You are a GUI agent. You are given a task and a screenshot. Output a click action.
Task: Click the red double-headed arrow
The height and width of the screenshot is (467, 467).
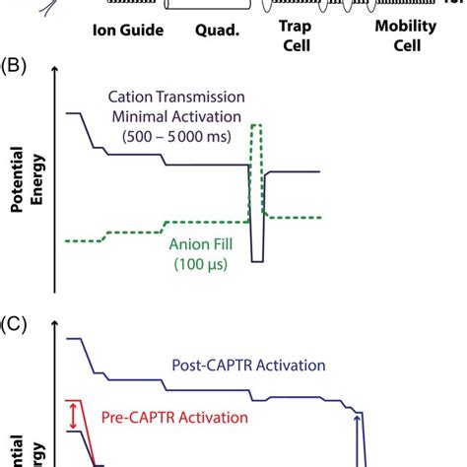pos(71,416)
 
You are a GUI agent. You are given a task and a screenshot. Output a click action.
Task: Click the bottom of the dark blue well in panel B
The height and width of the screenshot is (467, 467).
pos(256,260)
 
